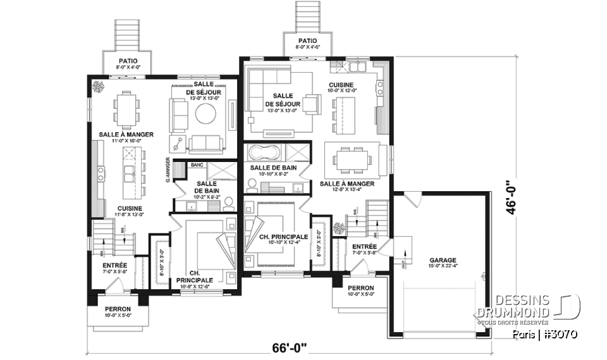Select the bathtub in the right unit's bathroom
coord(266,152)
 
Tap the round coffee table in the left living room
coord(206,114)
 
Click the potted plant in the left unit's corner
coord(98,87)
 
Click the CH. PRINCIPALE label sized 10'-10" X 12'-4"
coord(284,237)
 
